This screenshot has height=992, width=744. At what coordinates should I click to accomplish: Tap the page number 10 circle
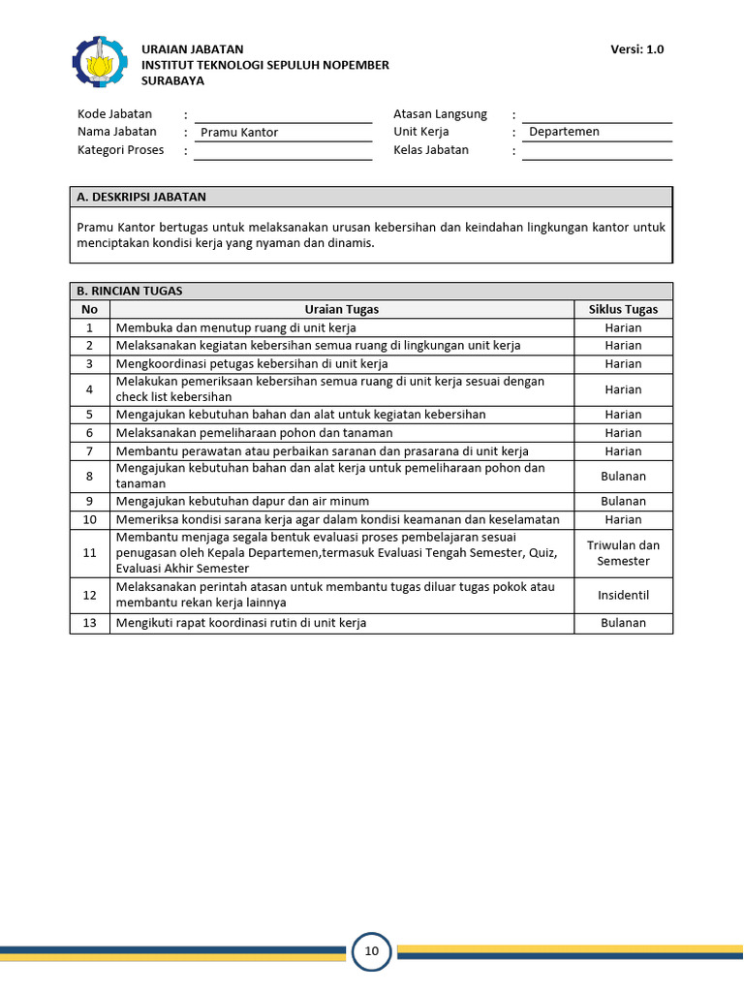pos(372,951)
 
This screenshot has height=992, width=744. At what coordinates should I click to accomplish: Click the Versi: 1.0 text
pos(637,49)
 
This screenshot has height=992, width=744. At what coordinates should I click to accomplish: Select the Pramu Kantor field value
pos(239,133)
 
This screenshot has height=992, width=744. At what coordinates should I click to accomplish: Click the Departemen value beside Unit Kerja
pos(564,132)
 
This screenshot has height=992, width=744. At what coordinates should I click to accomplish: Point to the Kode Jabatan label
pos(114,114)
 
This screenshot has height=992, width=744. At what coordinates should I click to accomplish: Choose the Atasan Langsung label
pos(440,114)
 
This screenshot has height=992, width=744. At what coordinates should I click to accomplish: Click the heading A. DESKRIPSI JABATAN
pos(141,197)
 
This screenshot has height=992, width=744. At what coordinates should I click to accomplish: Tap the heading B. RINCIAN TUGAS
pos(130,291)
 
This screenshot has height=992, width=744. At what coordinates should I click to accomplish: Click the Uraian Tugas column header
pos(341,310)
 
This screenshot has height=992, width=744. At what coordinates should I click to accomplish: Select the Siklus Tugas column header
pos(623,310)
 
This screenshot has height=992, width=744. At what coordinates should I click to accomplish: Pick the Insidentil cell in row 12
pos(623,595)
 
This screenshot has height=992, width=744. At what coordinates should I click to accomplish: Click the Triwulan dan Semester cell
pos(623,553)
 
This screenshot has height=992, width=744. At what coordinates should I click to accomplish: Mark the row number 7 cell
pos(90,451)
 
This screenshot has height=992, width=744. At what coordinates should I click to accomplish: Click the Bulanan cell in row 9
pos(623,502)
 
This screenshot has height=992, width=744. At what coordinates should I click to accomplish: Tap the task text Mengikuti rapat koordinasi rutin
pos(241,623)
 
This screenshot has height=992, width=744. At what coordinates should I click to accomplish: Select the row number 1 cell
pos(90,328)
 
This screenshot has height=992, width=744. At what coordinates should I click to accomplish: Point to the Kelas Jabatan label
pos(431,150)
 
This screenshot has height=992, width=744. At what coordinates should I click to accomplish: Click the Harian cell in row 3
pos(623,364)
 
